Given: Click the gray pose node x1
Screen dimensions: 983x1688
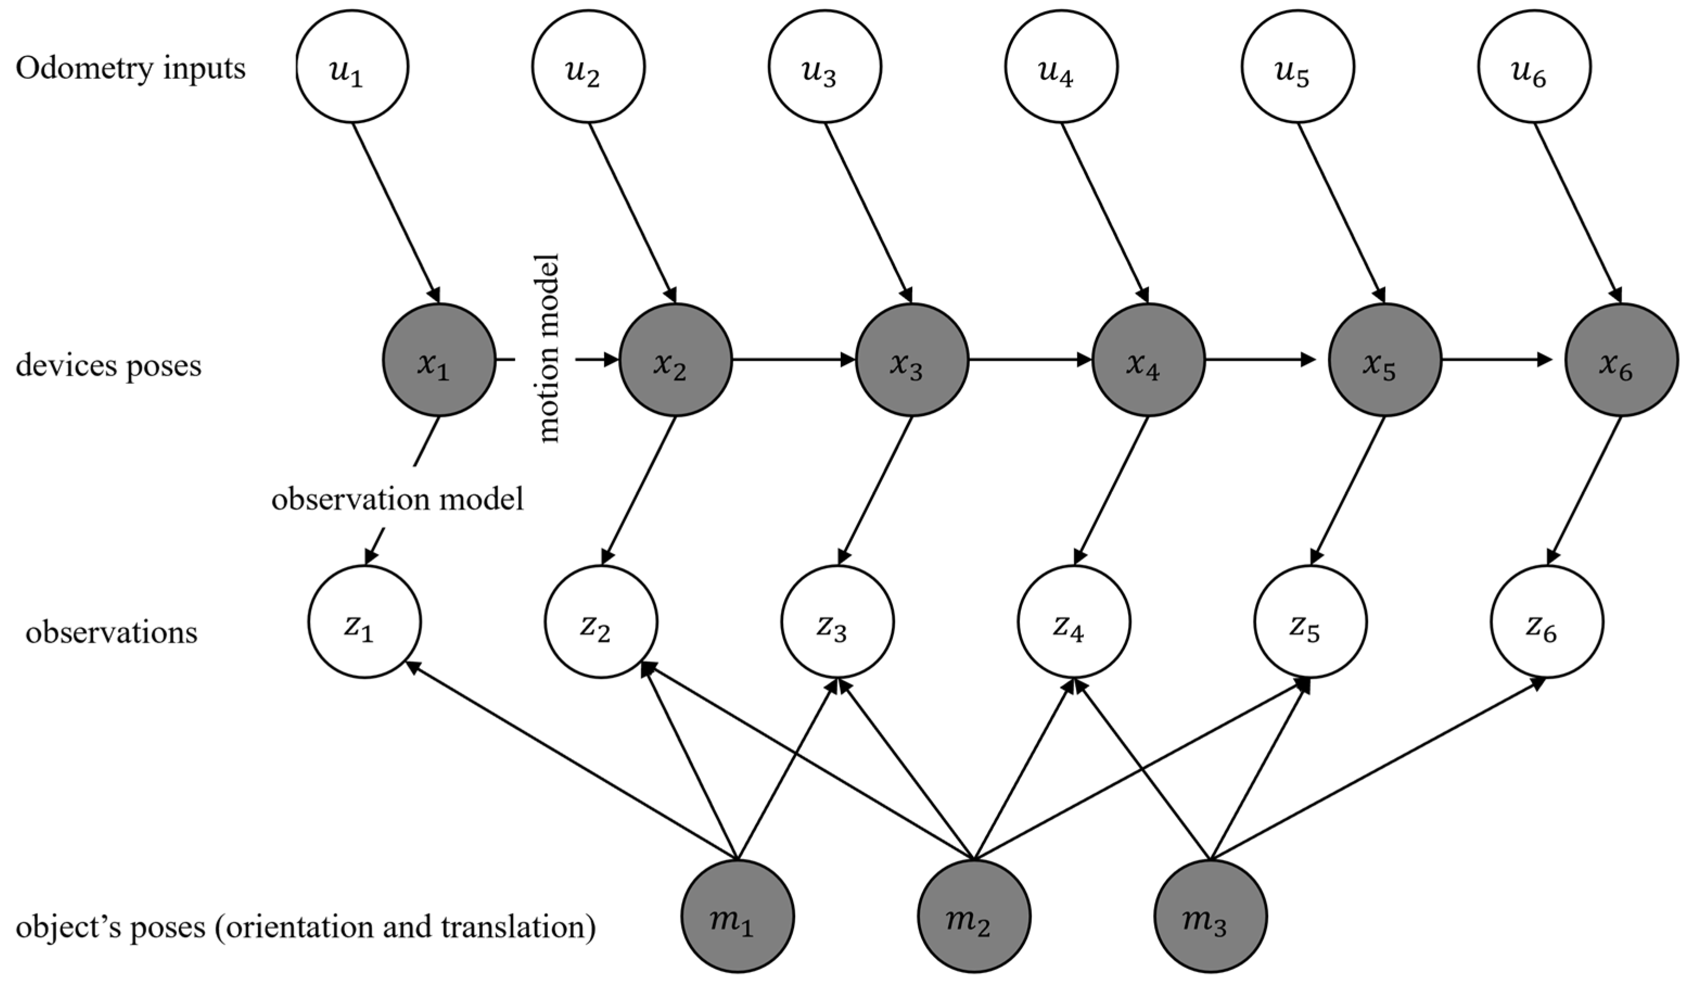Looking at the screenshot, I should click(439, 360).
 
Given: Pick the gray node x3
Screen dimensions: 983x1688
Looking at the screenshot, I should click(912, 360).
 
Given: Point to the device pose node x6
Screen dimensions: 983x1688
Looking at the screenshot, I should click(1621, 360).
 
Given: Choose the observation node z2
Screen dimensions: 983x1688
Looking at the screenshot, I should click(601, 622).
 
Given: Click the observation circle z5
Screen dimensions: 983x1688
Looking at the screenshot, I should click(1310, 622).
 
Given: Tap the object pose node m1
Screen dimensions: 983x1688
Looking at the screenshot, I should click(738, 916).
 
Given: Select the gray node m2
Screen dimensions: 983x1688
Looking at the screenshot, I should click(974, 916).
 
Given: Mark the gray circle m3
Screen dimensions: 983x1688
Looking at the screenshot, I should click(1211, 916).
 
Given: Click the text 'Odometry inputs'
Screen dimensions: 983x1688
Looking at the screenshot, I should click(131, 69).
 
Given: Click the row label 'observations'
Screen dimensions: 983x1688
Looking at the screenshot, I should click(111, 633).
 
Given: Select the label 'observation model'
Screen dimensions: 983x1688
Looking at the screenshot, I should click(397, 499).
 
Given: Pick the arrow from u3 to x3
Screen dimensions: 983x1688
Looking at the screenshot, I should click(867, 211).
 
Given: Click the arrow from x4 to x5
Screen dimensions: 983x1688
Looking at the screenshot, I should click(1259, 360).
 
